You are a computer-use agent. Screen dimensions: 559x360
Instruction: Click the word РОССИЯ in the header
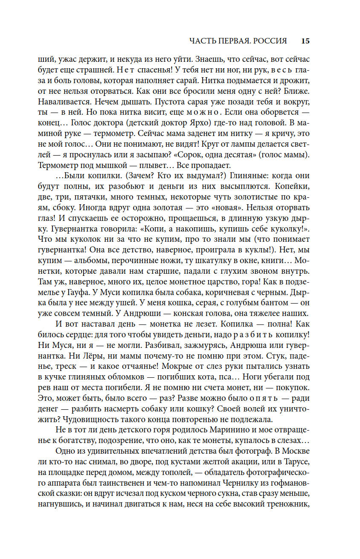pos(269,41)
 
